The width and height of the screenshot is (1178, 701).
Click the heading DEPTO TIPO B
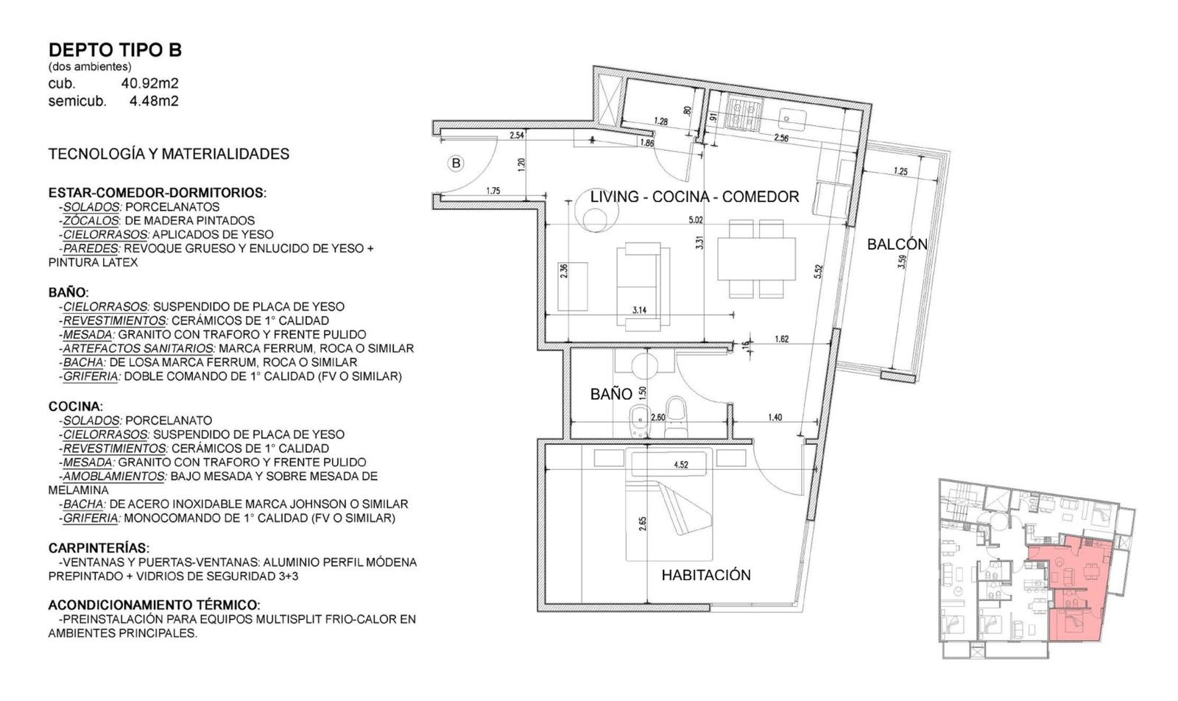pos(115,50)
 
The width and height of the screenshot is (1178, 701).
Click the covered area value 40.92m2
pos(150,83)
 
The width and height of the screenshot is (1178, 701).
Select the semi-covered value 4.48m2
pos(154,100)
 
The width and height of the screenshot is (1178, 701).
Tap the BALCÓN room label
pos(897,244)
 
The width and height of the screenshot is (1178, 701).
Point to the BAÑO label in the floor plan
pos(611,394)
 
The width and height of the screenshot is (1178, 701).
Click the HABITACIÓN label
pos(706,575)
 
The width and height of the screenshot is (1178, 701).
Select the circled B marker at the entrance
pos(456,163)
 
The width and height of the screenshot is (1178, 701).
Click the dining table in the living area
pos(757,258)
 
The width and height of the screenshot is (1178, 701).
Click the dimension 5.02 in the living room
pos(696,220)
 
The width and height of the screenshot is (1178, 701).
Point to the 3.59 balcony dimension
pos(903,262)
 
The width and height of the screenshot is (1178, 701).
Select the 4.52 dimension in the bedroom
pos(681,465)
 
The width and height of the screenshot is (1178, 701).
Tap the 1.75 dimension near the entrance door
pos(493,191)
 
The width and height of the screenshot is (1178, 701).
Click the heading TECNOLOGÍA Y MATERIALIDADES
pos(169,154)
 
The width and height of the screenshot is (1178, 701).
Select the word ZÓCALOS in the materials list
pos(91,221)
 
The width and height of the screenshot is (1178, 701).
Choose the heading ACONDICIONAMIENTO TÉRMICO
pos(154,605)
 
